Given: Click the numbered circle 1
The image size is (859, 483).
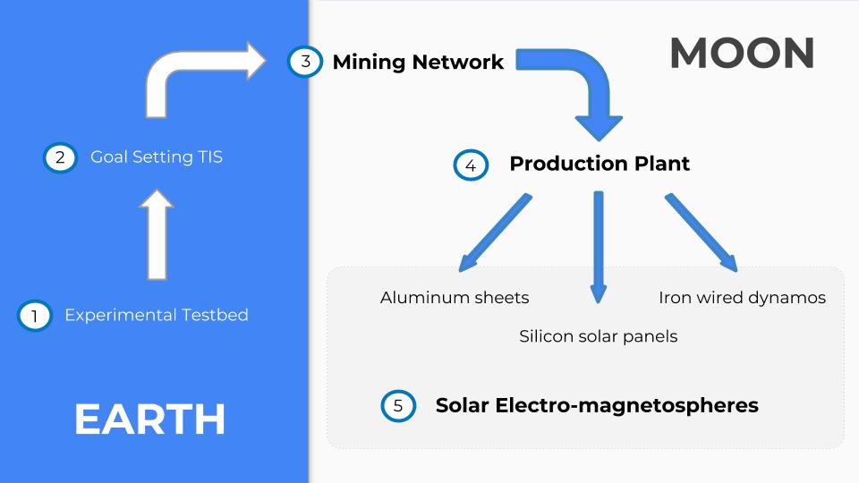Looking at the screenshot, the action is [x=34, y=316].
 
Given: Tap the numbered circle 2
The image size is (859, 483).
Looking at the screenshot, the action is [x=60, y=157].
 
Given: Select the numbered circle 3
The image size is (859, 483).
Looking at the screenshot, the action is [x=305, y=62].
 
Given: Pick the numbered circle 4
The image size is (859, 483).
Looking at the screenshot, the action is [x=471, y=165].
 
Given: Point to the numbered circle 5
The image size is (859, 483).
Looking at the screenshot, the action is [x=398, y=405].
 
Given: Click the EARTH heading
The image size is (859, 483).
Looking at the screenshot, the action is [x=149, y=419].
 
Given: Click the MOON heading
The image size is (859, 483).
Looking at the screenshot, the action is [x=742, y=54].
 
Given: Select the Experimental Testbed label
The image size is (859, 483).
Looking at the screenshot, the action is [x=157, y=315].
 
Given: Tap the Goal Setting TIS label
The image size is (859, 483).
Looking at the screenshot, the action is [x=157, y=157].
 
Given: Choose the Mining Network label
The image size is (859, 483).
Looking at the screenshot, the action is [x=418, y=62].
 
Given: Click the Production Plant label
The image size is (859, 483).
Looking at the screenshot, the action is [x=600, y=164].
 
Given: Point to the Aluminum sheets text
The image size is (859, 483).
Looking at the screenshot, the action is [x=455, y=297].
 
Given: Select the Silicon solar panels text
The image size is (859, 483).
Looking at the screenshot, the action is [x=599, y=336].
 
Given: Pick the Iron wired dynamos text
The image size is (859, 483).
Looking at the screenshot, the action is [x=742, y=297].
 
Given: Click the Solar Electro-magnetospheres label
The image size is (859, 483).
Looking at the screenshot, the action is [x=597, y=405].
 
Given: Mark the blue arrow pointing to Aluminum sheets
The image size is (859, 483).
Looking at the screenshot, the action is [x=495, y=232].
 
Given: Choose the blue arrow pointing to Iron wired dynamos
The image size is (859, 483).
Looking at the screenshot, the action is [x=701, y=232].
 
